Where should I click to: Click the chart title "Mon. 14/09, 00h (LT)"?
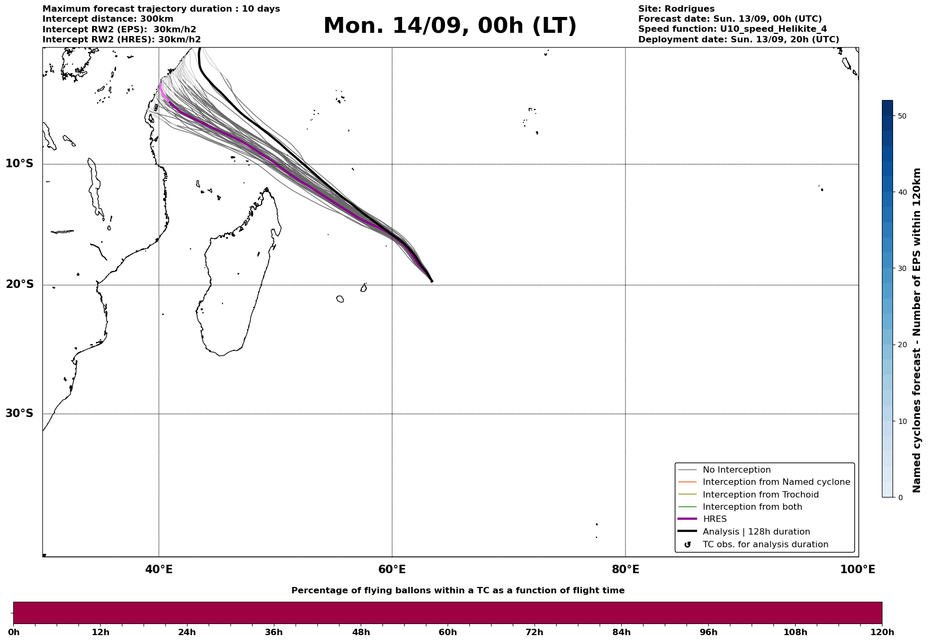[450, 26]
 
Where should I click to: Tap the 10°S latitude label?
[20, 164]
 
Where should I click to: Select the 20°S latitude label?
[20, 285]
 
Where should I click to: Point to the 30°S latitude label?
[20, 413]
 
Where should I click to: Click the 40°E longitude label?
[159, 569]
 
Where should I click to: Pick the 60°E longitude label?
[392, 569]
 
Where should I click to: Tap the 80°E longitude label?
[626, 569]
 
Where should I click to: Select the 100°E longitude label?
[858, 569]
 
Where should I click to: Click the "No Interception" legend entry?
[737, 470]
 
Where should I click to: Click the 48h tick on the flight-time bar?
[361, 632]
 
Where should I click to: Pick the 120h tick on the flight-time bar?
[882, 632]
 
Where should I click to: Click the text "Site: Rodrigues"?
[676, 9]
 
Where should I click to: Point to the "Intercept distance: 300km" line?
[108, 19]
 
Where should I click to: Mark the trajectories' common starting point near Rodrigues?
[432, 282]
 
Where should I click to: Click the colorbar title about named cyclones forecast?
[917, 330]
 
